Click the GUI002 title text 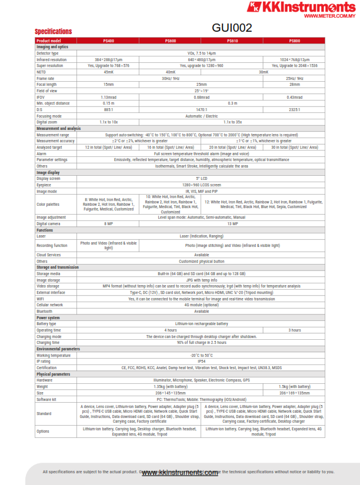pos(231,28)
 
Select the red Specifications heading pos(53,31)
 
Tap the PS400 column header pos(108,41)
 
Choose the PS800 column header pos(294,41)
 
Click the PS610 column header pos(232,41)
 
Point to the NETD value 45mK pos(108,72)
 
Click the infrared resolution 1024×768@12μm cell pos(294,59)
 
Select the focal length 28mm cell pos(294,84)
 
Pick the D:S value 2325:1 pos(294,109)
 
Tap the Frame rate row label pos(45,78)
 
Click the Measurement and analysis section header pos(58,128)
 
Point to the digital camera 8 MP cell pos(108,223)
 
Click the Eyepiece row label pos(44,185)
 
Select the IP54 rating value pos(201,362)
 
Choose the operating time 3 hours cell pos(294,330)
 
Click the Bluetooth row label pos(45,311)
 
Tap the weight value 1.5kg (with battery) pos(294,386)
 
